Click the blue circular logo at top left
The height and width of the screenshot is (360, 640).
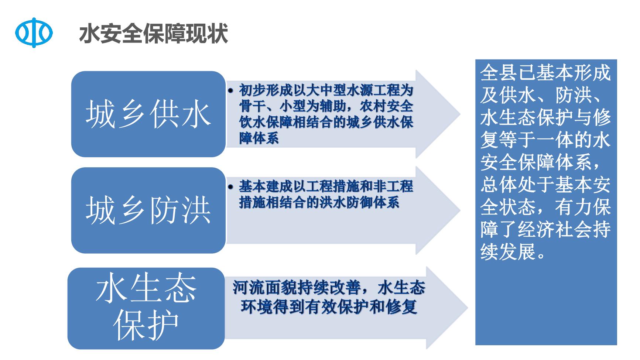[x=34, y=33]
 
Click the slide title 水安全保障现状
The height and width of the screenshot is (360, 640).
[x=154, y=34]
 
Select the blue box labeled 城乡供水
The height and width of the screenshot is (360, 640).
[x=148, y=114]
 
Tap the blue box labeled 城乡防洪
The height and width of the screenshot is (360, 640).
[x=148, y=210]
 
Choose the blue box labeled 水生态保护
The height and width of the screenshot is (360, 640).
[x=146, y=308]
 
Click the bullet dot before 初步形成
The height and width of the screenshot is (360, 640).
[x=231, y=91]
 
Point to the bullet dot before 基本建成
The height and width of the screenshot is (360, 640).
[x=231, y=187]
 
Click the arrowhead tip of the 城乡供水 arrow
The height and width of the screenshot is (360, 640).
[x=461, y=114]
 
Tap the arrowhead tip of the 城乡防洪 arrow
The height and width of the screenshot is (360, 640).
[x=461, y=210]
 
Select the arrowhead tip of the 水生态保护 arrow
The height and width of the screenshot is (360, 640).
[x=468, y=308]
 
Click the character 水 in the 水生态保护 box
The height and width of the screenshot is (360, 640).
[x=111, y=289]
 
